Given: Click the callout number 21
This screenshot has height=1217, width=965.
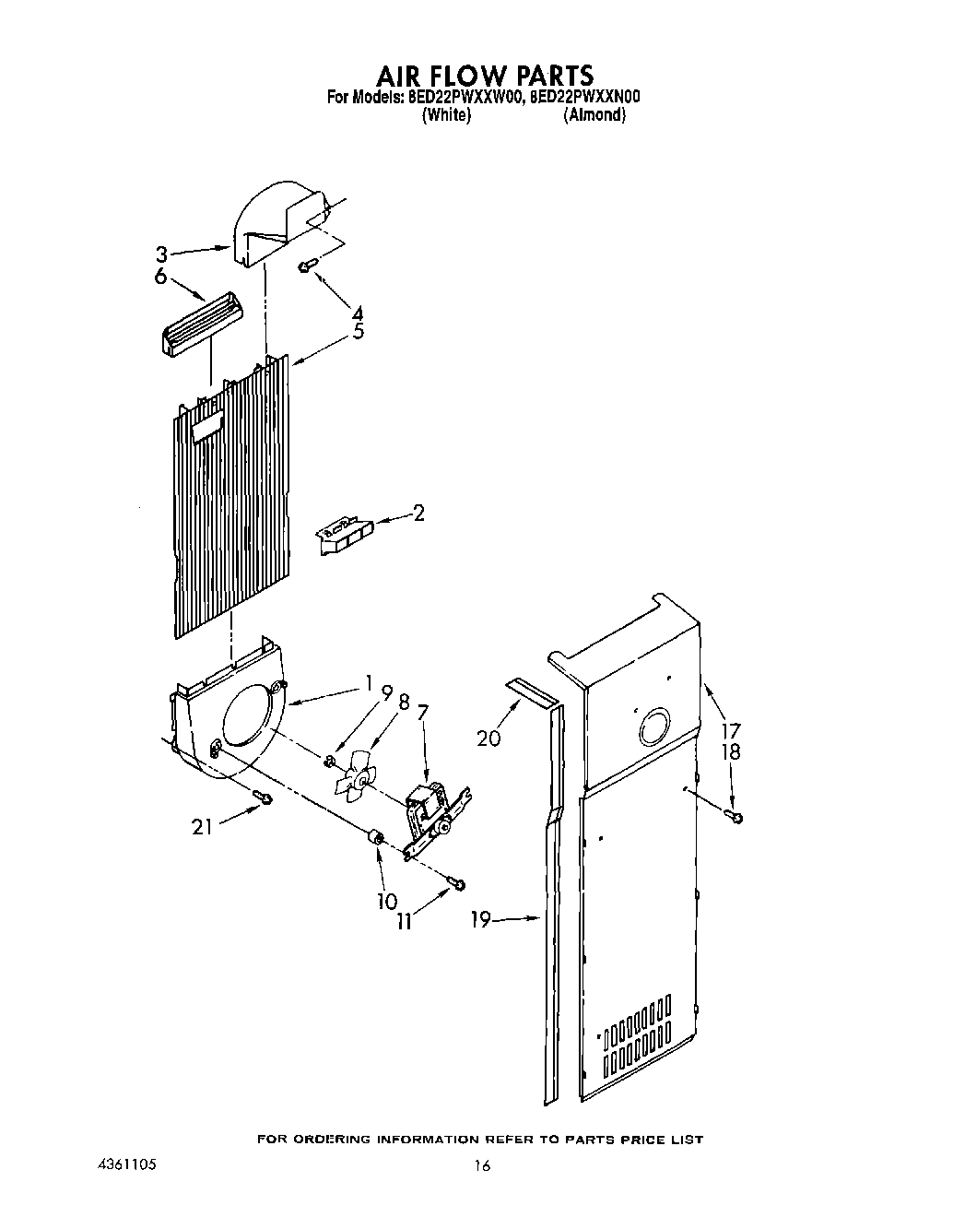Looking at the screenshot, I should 202,826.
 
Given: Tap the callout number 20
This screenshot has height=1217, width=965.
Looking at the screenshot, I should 489,738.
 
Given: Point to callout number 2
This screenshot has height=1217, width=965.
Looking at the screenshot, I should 419,514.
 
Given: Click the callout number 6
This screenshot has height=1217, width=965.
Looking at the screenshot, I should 160,277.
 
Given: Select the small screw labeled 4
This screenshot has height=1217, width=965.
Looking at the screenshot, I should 307,266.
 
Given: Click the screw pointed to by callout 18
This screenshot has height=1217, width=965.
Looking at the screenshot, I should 737,816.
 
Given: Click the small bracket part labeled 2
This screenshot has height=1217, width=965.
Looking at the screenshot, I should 344,534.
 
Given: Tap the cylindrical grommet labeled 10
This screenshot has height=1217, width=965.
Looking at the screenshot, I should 376,838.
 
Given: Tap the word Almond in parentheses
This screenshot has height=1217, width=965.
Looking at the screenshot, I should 595,115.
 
